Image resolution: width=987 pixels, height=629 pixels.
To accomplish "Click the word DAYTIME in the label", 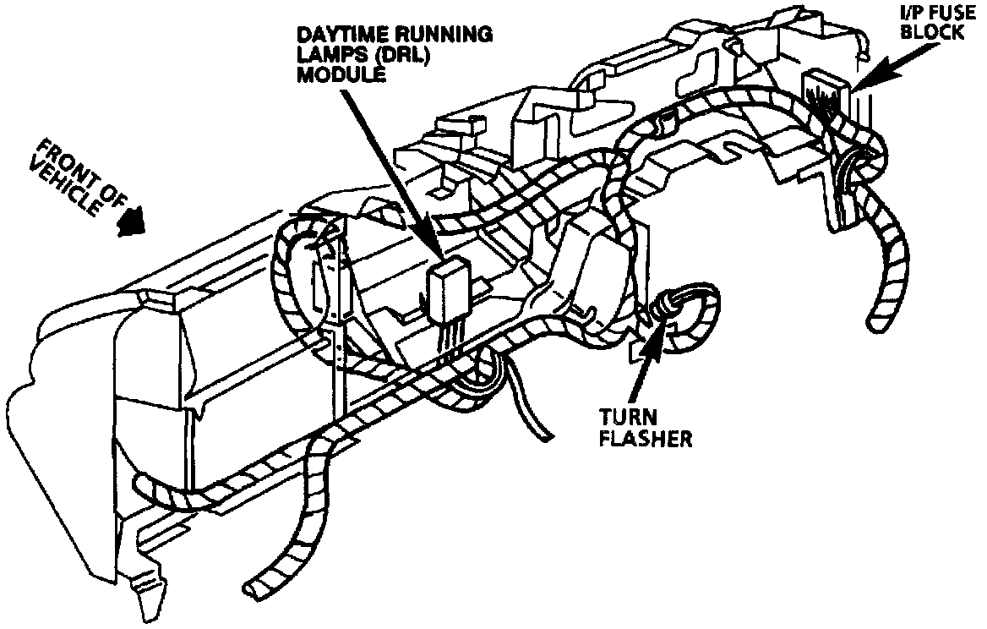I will (336, 35).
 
